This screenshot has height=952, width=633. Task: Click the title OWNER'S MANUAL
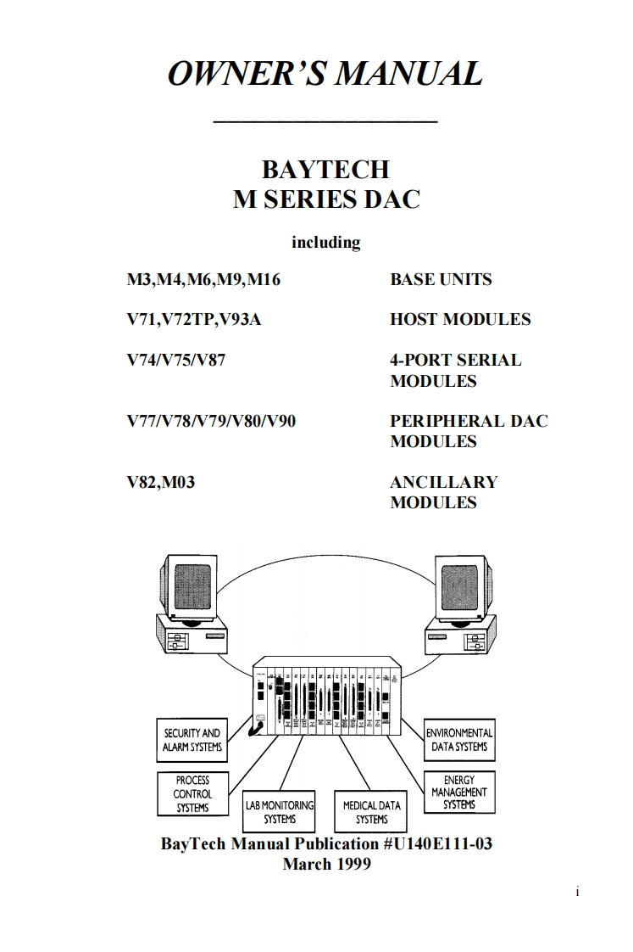point(325,74)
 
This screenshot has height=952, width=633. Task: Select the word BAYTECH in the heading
point(325,169)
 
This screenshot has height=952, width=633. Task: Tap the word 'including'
point(325,243)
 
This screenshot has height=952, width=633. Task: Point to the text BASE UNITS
point(441,280)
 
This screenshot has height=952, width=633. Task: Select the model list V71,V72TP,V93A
point(188,320)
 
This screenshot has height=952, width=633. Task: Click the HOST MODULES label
point(460,320)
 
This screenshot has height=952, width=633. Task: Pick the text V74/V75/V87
point(176,360)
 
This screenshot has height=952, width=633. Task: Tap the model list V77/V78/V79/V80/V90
point(211,421)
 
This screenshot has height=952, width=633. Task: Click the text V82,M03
point(161,482)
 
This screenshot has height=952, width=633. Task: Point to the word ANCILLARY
point(443,482)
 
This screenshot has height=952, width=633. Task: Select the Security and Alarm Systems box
point(192,740)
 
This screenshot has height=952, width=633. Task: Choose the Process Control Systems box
point(192,794)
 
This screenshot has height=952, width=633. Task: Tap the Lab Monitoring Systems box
point(280,812)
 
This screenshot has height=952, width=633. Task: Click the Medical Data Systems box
point(371,812)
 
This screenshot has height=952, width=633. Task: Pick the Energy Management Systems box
point(458,792)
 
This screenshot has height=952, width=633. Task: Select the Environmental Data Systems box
point(459,740)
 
